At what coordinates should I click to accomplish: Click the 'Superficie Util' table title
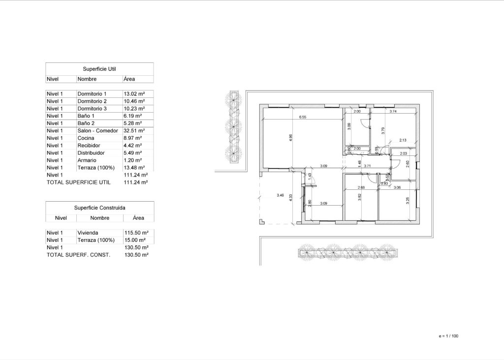(x=99, y=69)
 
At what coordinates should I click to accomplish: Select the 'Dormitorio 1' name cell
(x=92, y=93)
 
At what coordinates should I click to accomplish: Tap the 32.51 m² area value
(x=134, y=131)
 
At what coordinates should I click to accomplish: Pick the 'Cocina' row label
(x=86, y=138)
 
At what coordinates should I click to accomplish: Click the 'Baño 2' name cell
(x=86, y=123)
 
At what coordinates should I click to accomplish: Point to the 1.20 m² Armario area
(x=132, y=160)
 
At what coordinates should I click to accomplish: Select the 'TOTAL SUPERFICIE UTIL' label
(x=78, y=182)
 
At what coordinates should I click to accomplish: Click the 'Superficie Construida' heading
(x=99, y=208)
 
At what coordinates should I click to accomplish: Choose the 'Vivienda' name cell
(x=88, y=233)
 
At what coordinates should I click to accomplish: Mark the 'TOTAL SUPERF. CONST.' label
(x=78, y=255)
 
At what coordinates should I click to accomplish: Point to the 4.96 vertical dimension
(x=291, y=138)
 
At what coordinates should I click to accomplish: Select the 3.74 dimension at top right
(x=393, y=112)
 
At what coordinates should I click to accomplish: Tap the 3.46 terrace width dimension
(x=280, y=195)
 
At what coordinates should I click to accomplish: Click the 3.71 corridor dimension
(x=367, y=166)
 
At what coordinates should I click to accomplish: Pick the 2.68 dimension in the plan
(x=360, y=187)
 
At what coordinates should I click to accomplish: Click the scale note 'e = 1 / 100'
(x=448, y=336)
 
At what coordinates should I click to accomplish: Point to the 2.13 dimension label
(x=403, y=140)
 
